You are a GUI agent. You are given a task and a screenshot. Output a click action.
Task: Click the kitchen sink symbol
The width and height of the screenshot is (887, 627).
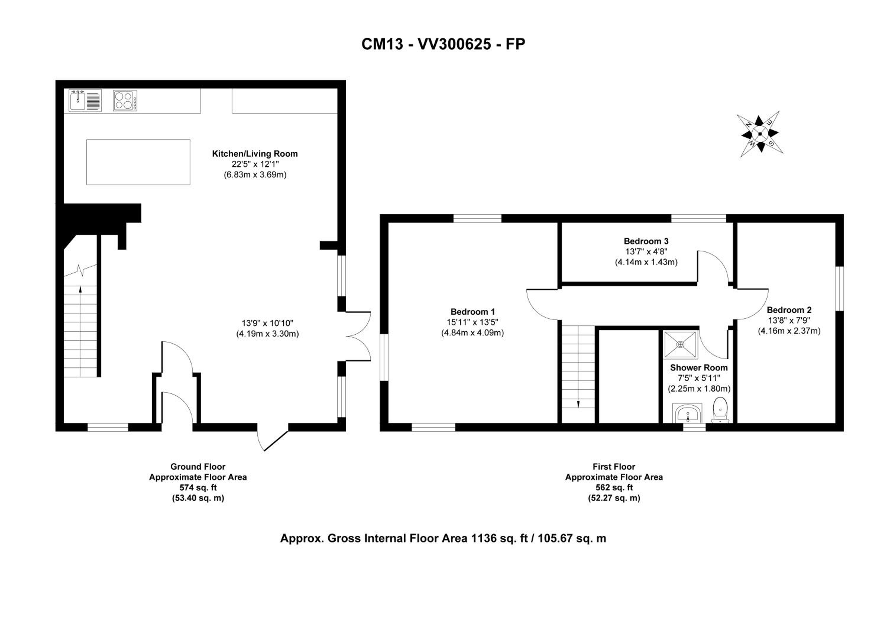(85, 101)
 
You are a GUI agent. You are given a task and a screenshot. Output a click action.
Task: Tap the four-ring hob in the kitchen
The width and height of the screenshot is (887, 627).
(125, 101)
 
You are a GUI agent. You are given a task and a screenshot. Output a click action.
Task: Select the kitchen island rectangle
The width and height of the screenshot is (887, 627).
(138, 162)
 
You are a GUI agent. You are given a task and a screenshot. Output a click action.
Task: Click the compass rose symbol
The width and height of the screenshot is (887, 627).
(760, 134)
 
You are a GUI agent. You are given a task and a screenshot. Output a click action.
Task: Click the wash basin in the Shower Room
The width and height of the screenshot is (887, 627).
(688, 414)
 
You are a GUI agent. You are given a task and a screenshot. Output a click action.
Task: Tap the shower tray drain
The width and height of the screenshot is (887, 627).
(680, 344)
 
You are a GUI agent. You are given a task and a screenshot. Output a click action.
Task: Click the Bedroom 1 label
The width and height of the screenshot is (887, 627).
(472, 312)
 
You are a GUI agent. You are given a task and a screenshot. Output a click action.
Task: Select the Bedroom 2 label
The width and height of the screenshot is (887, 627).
(789, 310)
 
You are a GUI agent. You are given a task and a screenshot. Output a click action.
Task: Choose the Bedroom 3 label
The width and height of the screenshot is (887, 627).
(646, 241)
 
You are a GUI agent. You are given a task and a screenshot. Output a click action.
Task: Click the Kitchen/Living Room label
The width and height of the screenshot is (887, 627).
(255, 154)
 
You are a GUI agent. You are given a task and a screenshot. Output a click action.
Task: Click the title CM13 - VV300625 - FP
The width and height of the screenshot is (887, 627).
(443, 44)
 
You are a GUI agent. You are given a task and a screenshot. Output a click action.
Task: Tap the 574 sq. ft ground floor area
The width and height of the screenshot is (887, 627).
(198, 487)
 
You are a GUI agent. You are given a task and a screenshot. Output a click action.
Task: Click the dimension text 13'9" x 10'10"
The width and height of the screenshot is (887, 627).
(268, 323)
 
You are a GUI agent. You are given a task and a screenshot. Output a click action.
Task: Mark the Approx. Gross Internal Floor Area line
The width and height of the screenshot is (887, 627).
(443, 538)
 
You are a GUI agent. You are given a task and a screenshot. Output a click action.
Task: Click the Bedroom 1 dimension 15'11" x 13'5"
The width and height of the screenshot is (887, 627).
(472, 322)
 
